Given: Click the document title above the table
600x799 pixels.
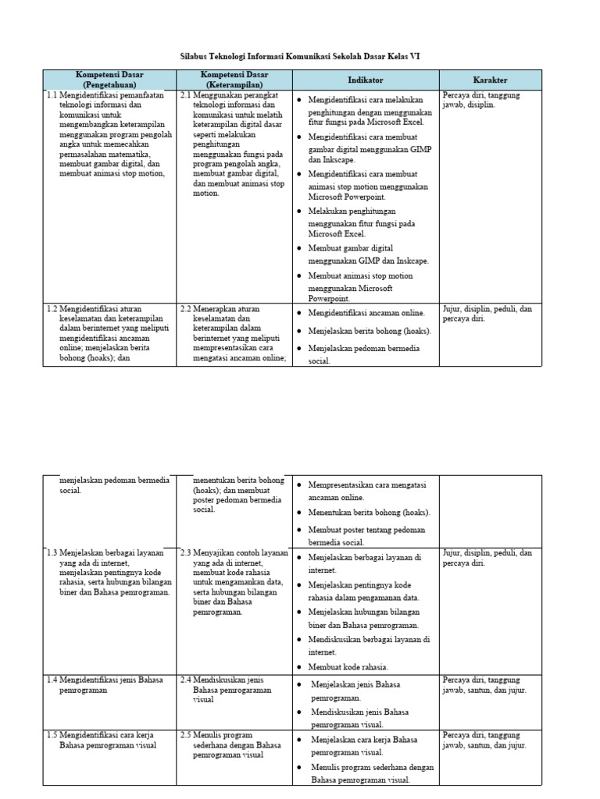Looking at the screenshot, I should point(300,56).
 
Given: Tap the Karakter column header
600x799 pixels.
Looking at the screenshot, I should point(490,80).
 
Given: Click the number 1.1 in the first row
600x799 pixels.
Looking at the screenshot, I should point(52,95).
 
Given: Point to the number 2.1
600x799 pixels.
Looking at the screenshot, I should point(185,95).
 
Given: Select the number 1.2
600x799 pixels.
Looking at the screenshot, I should point(52,309).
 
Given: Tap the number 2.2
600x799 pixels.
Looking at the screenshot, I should point(185,309).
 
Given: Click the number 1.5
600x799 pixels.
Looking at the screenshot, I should point(52,735).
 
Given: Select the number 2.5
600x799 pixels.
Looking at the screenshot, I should point(185,735).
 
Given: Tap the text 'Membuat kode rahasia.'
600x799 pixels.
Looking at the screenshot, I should point(348,666).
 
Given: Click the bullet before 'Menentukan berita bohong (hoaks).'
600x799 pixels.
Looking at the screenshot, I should point(299,513).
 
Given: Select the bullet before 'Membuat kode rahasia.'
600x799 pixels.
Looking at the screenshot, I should point(299,666).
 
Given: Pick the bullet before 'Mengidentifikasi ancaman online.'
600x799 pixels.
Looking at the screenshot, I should point(299,313).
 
